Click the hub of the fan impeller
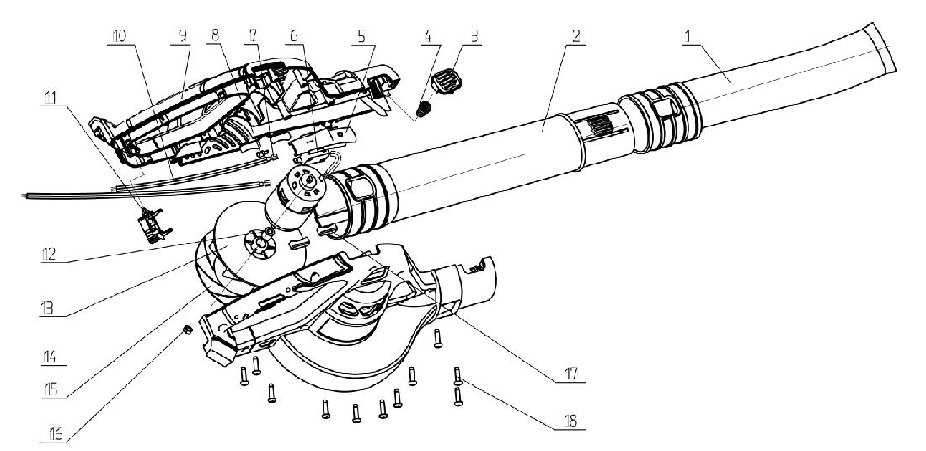point(260,245)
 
